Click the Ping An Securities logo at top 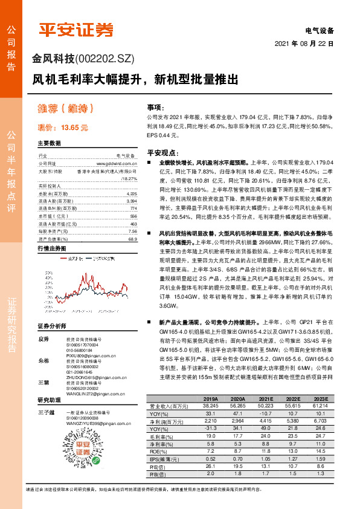click(x=76, y=30)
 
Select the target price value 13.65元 click(x=75, y=128)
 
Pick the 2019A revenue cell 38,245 click(x=211, y=406)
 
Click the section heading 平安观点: click(x=159, y=154)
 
